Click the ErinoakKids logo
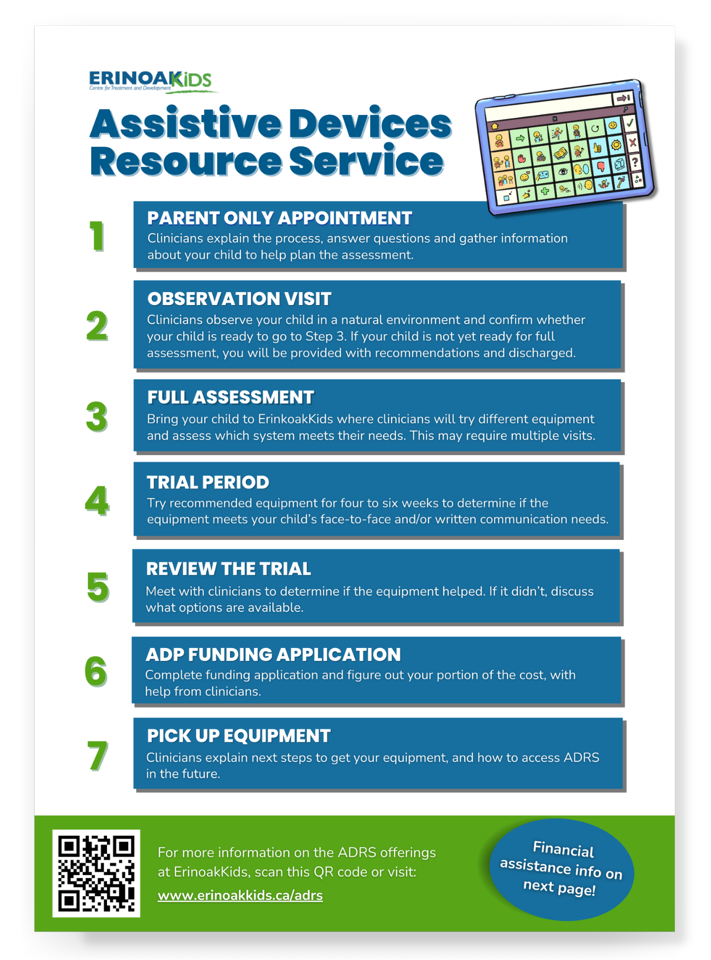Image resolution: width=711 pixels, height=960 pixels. [151, 82]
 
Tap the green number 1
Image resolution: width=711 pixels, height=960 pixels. [97, 236]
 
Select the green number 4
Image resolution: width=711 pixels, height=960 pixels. [97, 501]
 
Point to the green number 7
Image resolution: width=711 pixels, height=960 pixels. [97, 755]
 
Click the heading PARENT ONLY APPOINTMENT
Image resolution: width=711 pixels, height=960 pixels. [279, 218]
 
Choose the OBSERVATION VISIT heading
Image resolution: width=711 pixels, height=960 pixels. [239, 299]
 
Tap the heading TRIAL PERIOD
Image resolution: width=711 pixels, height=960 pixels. [207, 482]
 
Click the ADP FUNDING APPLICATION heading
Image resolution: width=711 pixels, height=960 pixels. [273, 654]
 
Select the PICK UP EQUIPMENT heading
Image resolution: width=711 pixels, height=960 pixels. [238, 736]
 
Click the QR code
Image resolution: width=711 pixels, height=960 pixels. [96, 873]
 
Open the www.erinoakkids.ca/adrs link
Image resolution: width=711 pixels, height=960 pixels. [240, 895]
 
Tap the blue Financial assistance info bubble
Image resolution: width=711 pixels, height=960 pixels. [561, 869]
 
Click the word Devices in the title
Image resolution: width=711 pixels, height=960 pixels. [370, 124]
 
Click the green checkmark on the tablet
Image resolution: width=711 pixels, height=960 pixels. [629, 124]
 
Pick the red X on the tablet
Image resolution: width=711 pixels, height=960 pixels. [633, 143]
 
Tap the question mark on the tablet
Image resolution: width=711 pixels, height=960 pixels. [635, 162]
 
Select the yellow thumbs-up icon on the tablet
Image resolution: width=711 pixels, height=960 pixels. [597, 147]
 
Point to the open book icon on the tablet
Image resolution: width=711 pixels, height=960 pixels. [560, 153]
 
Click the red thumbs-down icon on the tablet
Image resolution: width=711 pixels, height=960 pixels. [601, 167]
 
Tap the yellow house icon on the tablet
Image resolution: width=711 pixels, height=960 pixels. [494, 126]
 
